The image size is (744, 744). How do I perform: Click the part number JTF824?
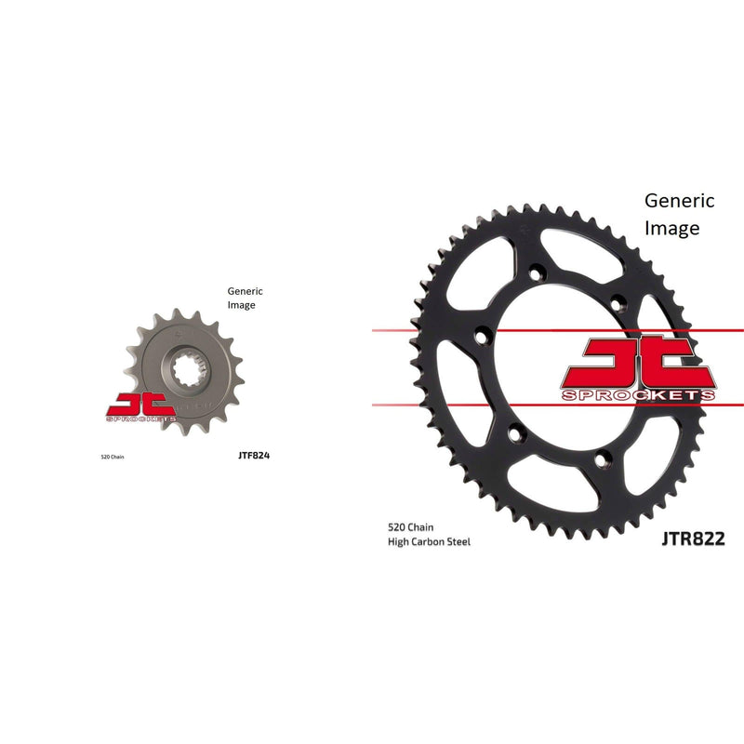coord(254,456)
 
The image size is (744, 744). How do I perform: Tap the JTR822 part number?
coord(693,538)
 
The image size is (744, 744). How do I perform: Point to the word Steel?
coord(458,541)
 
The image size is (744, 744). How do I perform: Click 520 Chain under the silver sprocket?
coord(111,457)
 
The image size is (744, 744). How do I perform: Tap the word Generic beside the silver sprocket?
coord(246,291)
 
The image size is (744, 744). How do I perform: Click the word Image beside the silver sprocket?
coord(241,304)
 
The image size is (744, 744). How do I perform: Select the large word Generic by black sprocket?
coord(680,200)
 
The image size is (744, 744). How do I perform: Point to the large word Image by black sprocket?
coord(672,227)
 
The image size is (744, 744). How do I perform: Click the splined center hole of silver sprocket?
coord(182,358)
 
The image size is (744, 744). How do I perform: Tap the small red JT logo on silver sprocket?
coord(140,405)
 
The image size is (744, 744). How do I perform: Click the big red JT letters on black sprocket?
coord(639,361)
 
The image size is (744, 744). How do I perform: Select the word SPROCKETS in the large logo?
coord(639,395)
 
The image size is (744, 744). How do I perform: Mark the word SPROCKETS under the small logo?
coord(141,420)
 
